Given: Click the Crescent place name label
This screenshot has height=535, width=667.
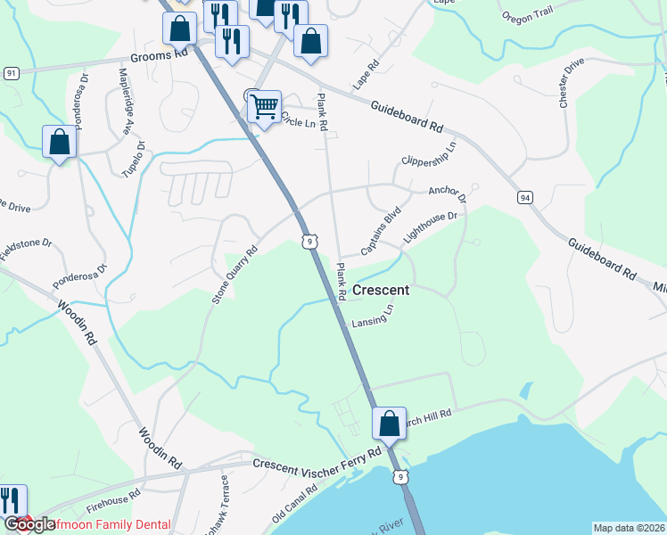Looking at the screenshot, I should [381, 290].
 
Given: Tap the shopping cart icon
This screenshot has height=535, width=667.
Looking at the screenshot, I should [264, 107].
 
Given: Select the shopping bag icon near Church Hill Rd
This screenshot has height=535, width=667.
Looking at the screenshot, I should [389, 424].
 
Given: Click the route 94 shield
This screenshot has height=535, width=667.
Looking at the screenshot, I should [523, 196].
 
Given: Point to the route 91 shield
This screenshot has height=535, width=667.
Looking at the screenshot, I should [11, 72].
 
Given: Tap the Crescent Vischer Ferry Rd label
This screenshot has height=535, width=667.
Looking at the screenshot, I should [317, 458].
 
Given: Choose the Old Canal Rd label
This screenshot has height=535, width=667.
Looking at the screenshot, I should [295, 505].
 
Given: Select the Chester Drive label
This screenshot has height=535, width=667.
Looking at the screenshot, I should [571, 84].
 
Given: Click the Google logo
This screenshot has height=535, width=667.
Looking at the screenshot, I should [29, 525].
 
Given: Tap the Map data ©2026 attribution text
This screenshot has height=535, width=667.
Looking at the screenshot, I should [629, 528].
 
